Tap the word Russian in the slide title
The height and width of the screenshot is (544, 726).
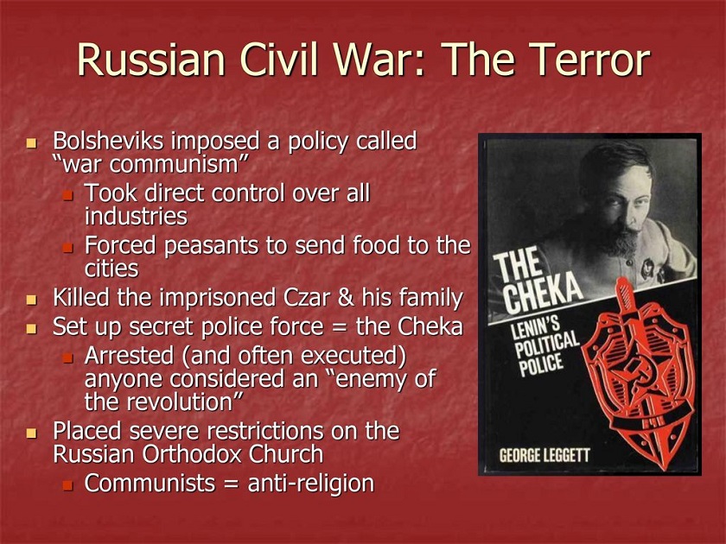pos(151,60)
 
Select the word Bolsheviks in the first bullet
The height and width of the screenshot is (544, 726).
pos(108,141)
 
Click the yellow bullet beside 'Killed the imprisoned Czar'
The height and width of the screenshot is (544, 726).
pos(31,300)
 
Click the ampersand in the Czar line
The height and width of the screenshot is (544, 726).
pos(346,298)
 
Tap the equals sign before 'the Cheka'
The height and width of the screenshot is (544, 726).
pos(340,327)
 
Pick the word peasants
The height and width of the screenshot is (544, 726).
pos(211,246)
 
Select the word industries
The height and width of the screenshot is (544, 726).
pos(137,217)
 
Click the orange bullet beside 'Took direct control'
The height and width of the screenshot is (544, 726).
pos(68,196)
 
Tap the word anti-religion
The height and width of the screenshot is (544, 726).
pos(311,484)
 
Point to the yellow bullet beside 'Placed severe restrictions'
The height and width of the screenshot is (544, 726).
pos(31,433)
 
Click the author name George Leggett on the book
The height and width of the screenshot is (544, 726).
pos(544,455)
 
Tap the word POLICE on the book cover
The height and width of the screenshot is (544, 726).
pos(541,365)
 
